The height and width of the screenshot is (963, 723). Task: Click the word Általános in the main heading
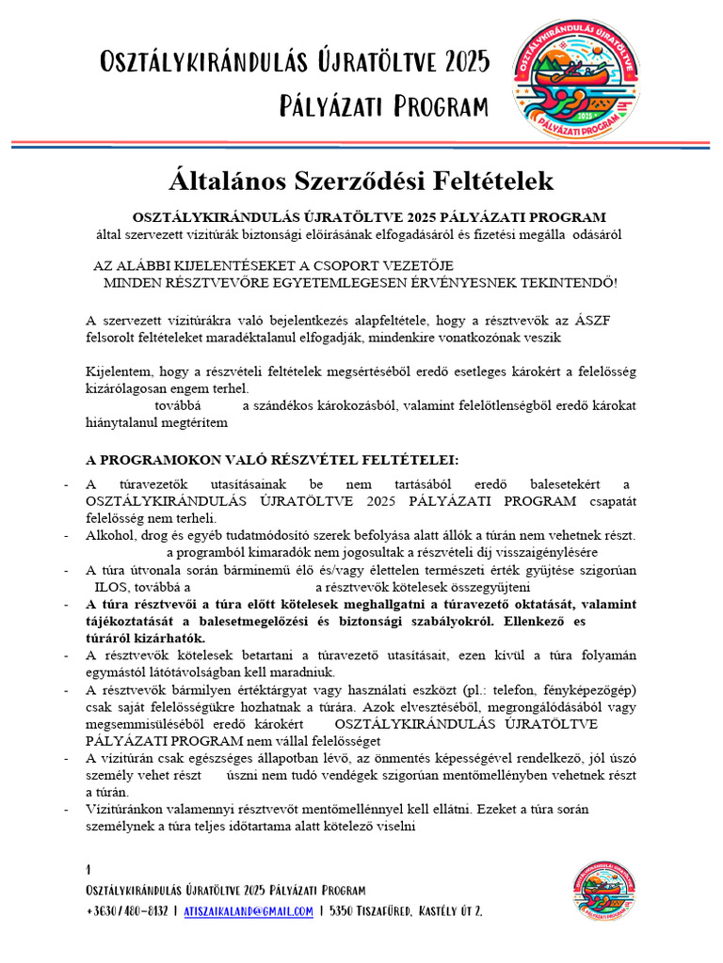(x=226, y=181)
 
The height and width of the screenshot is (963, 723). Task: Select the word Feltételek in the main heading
(x=476, y=181)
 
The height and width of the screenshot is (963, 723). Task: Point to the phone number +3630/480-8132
(x=127, y=911)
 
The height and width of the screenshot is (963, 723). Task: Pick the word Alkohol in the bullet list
(x=110, y=535)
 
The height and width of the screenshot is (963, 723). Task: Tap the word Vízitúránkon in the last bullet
(x=125, y=808)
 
